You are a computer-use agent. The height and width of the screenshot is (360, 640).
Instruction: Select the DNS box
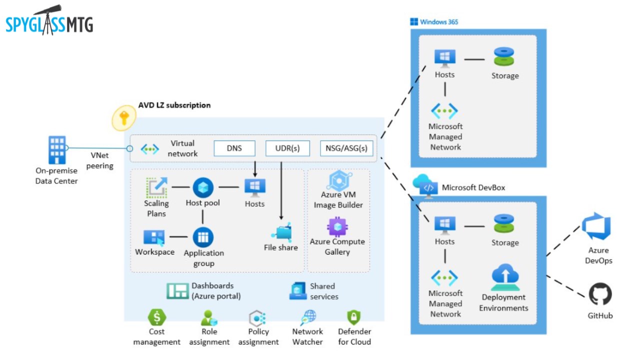(x=234, y=148)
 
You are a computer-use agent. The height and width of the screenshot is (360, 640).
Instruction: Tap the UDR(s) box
(x=287, y=148)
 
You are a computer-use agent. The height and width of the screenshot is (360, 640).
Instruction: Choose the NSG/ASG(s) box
(x=346, y=148)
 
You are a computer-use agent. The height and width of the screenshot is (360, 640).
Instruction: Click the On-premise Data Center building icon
(x=56, y=149)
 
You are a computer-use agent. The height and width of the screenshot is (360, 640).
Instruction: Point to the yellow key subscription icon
(x=123, y=118)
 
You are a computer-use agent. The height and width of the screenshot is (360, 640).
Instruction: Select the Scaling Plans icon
(x=156, y=187)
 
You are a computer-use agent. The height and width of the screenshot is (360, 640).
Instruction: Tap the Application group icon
(x=203, y=237)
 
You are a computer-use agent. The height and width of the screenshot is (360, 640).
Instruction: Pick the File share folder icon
(x=281, y=232)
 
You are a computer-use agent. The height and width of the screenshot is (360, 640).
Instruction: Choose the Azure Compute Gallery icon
(x=337, y=226)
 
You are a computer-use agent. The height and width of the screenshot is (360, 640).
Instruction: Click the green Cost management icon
(x=157, y=317)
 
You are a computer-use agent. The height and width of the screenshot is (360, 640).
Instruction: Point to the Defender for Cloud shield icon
(x=354, y=317)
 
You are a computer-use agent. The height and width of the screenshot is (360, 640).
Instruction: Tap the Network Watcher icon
(x=308, y=317)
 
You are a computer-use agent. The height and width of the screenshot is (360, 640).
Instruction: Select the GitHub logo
(x=600, y=294)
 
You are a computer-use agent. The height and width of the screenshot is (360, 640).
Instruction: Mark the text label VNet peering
(x=99, y=160)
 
